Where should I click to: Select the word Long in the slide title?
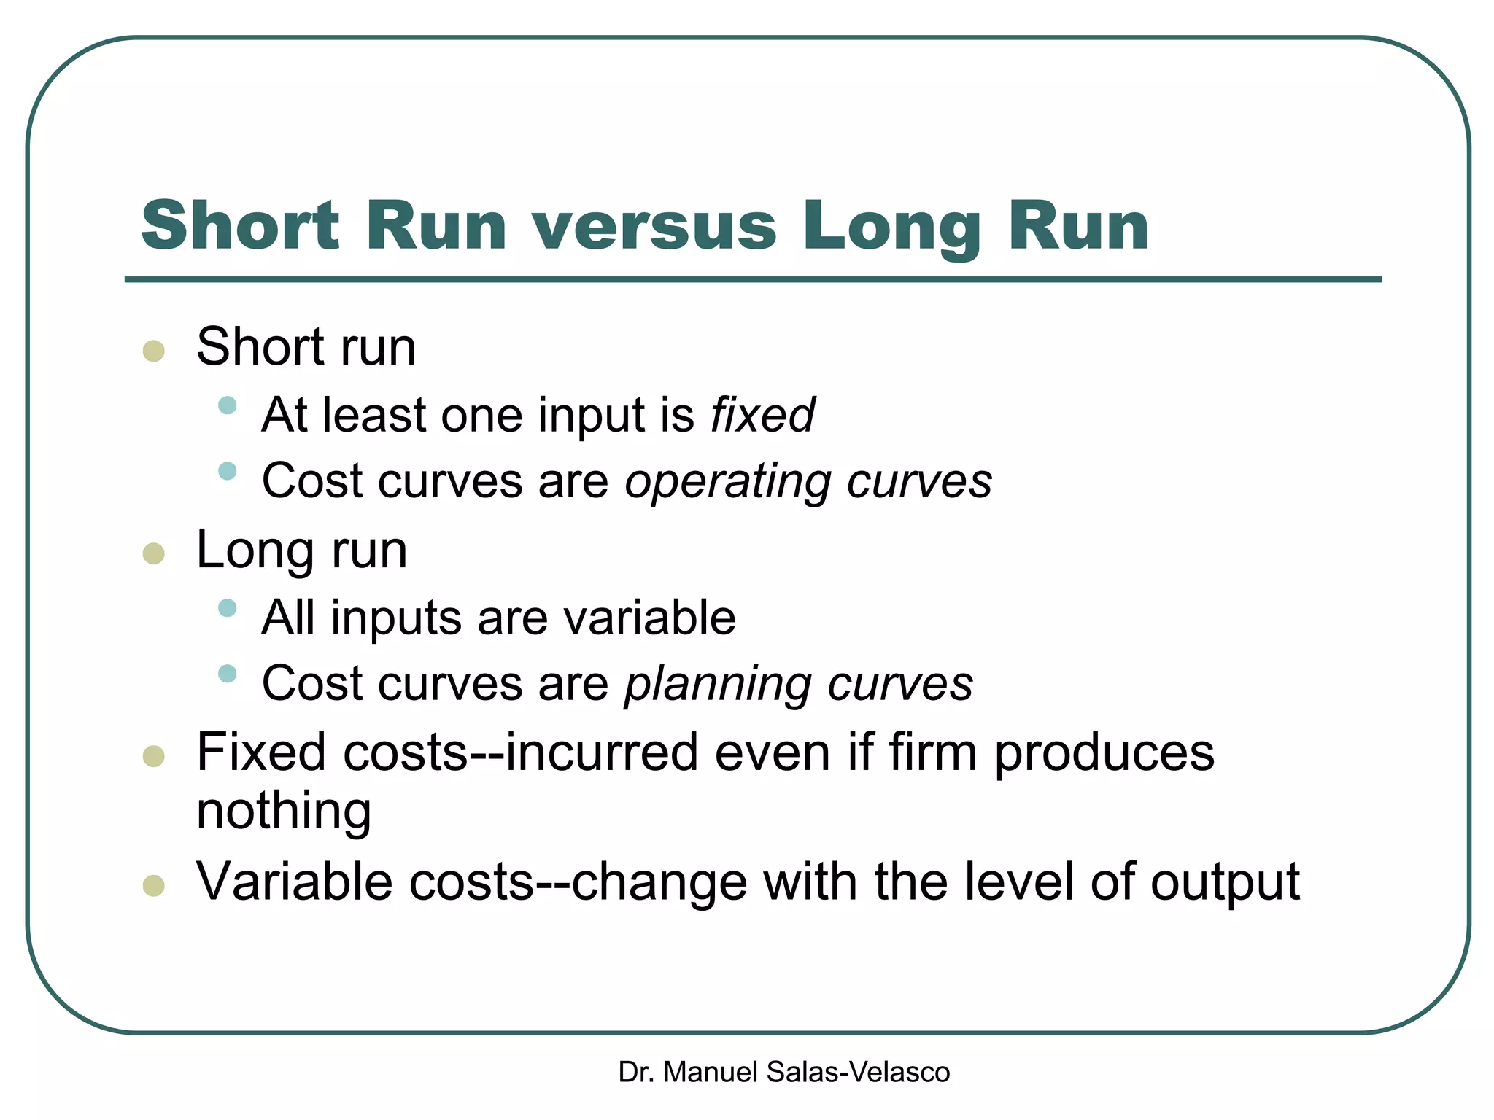coord(891,227)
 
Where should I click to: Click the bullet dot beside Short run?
coord(154,351)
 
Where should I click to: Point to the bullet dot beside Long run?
coord(154,553)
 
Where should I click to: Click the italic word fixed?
coord(762,415)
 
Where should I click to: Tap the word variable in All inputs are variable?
coord(649,618)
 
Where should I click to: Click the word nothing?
coord(284,811)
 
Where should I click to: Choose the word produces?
coord(1104,752)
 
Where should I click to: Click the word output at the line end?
coord(1225,883)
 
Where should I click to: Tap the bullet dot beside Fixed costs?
coord(154,756)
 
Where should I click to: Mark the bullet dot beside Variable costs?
coord(154,886)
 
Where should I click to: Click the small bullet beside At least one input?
coord(228,405)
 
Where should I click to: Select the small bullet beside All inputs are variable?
coord(228,608)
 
